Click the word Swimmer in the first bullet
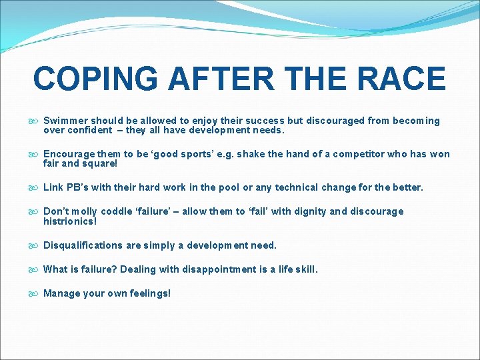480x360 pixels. [x=65, y=121]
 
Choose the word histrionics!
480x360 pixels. [x=70, y=221]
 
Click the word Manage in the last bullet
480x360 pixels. [x=61, y=293]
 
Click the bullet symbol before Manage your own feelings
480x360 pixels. [x=35, y=293]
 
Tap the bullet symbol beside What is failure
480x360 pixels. [x=35, y=270]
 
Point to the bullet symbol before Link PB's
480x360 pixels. [x=35, y=188]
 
